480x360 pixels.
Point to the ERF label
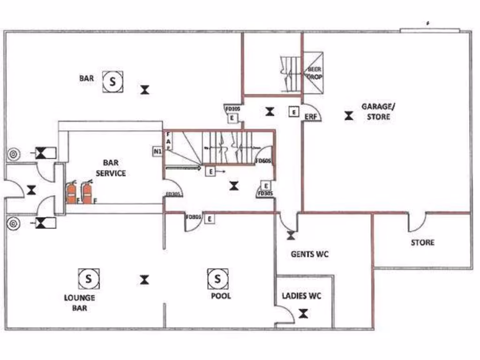311,117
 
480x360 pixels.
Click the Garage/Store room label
378,111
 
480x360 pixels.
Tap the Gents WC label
309,254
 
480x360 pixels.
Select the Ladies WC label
301,296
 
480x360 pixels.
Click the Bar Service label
111,168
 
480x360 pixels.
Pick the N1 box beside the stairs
157,151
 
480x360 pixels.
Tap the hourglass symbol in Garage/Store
348,115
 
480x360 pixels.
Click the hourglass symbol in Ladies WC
304,314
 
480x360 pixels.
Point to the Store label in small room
422,242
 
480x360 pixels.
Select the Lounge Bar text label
80,303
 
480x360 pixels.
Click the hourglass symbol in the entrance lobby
31,190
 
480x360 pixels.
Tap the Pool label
221,296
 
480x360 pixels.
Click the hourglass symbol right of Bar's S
145,90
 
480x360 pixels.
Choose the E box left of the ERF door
293,112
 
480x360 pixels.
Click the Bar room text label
86,78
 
